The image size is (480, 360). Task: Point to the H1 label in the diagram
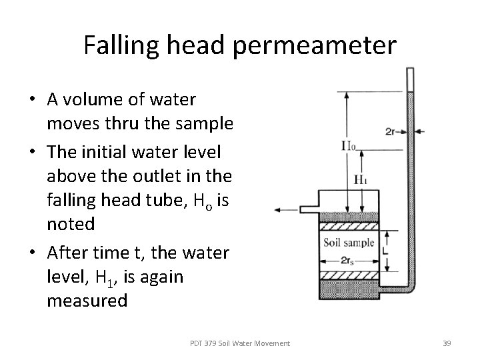[361, 179]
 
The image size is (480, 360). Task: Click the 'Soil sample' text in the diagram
[348, 242]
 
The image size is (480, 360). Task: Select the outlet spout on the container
[310, 209]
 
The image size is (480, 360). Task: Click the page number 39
[447, 343]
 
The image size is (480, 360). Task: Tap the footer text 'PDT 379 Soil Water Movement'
[240, 343]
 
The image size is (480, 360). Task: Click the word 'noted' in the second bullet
[71, 223]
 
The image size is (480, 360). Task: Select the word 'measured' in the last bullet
[87, 301]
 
